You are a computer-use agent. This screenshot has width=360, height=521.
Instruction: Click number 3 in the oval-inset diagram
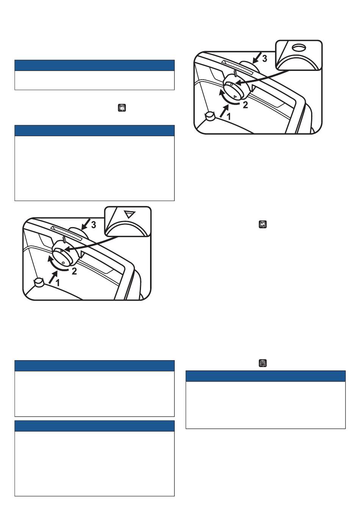(x=265, y=59)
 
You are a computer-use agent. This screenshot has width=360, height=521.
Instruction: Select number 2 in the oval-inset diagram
(x=245, y=105)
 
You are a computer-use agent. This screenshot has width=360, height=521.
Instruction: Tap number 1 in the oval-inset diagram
(x=229, y=116)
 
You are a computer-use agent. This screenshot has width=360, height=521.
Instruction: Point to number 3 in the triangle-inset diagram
(x=93, y=225)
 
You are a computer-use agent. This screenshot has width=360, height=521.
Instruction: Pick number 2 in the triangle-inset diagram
(x=74, y=271)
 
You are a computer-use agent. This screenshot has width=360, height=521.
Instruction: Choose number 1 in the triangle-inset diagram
(x=58, y=282)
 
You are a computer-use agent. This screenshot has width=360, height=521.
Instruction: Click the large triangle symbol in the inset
(x=130, y=214)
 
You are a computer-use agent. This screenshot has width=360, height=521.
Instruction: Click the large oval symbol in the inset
(x=299, y=48)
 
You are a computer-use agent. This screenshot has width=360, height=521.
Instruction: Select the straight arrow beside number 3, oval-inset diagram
(x=257, y=58)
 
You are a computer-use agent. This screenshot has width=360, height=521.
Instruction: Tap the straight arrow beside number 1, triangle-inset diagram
(x=53, y=277)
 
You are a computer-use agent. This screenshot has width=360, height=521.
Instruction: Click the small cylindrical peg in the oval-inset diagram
(x=210, y=116)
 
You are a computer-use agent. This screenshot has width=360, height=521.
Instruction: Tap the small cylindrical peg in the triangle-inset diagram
(x=39, y=282)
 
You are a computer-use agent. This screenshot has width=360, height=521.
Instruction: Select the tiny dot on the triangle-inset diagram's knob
(x=63, y=263)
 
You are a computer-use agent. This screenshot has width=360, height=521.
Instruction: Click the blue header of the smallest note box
(x=94, y=65)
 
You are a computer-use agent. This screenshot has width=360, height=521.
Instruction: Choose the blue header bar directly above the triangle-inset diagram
(x=94, y=130)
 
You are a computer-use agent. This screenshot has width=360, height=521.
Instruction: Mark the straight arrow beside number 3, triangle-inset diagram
(x=86, y=224)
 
